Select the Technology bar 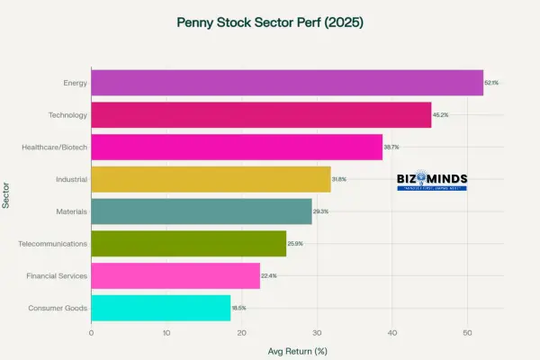261,115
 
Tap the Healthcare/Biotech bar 236,147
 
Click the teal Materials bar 201,211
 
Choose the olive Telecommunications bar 188,244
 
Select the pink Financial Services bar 175,275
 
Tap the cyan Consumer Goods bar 160,308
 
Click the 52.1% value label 491,83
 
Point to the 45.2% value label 440,115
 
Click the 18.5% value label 238,308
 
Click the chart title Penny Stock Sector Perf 269,21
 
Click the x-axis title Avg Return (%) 296,350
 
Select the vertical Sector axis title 7,195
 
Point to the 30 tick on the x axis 317,332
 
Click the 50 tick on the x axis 467,332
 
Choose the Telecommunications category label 53,244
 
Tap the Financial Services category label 57,275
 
